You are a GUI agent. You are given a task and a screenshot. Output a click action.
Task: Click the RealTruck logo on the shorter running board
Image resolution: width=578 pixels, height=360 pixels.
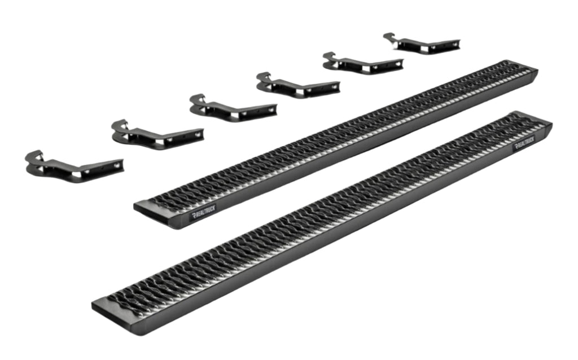point(203,212)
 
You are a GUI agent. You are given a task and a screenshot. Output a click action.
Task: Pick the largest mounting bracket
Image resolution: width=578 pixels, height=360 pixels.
point(74,167)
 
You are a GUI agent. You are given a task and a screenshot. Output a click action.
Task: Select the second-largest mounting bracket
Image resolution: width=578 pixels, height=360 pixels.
point(158,135)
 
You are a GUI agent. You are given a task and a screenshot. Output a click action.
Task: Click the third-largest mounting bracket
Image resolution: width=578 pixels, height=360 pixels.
point(233,108)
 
